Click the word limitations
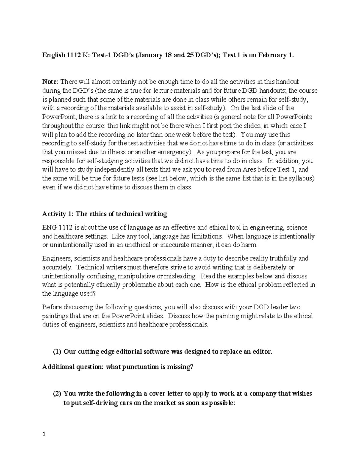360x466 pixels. [204, 236]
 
